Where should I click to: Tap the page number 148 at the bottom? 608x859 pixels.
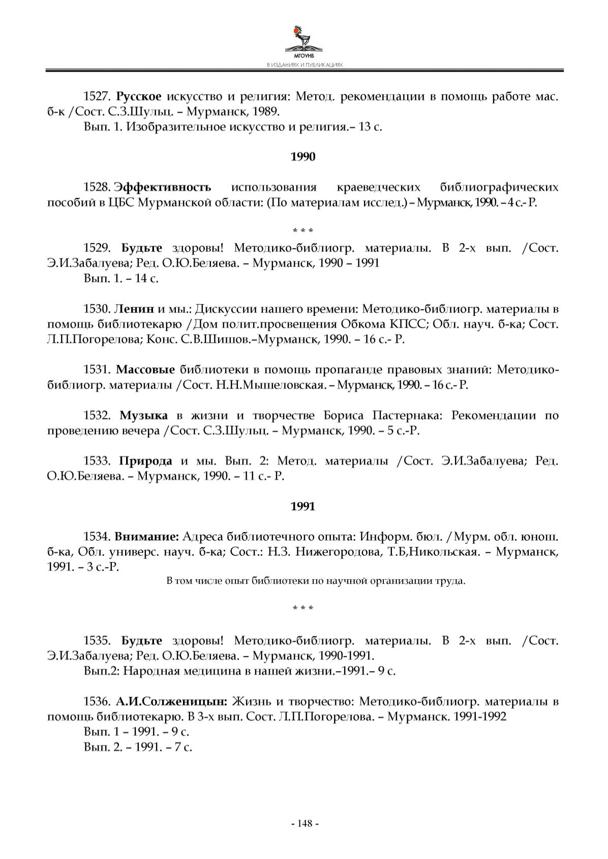[305, 823]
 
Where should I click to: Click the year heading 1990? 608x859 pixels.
[303, 157]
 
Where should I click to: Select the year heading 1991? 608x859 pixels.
[303, 506]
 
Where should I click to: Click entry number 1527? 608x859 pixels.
[97, 96]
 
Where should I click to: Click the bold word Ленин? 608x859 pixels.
[134, 309]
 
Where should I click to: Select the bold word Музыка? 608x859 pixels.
[144, 415]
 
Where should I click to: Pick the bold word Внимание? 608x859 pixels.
[146, 536]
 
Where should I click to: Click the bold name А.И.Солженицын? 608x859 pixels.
[171, 702]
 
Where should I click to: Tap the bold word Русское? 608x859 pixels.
[139, 96]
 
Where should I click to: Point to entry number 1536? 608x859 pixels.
[97, 702]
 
